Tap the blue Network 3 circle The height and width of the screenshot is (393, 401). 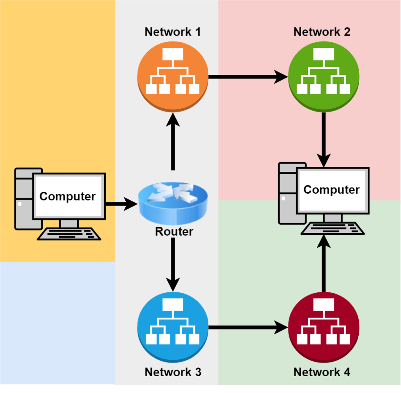click(x=173, y=327)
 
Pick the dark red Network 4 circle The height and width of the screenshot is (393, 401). click(x=323, y=327)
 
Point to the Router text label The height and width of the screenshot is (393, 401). click(x=174, y=231)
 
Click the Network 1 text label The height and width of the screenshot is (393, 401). click(x=173, y=32)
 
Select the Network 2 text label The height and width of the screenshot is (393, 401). click(x=322, y=32)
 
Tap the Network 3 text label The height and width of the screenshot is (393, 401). click(x=173, y=372)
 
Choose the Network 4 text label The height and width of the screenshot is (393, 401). click(x=322, y=372)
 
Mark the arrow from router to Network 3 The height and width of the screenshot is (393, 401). click(x=172, y=266)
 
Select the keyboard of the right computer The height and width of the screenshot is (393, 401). click(x=332, y=228)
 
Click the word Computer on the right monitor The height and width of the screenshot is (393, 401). click(x=331, y=190)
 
